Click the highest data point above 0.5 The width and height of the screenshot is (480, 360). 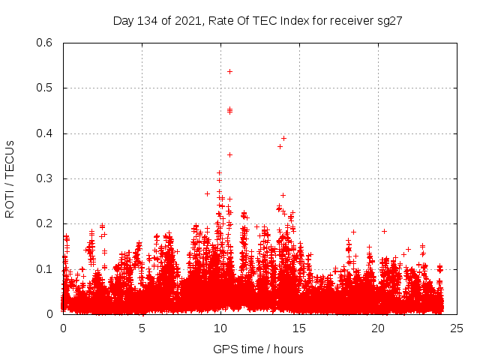229,71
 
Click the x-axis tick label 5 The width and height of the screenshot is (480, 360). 142,328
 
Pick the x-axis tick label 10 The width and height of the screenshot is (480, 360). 220,328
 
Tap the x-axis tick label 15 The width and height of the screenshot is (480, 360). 299,328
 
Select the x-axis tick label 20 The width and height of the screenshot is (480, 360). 378,328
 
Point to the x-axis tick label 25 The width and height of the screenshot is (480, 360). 457,328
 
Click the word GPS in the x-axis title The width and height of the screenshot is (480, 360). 224,349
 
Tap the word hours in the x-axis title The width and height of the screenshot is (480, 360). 288,349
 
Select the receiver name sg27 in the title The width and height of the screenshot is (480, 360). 391,20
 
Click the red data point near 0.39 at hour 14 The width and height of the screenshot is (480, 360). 283,138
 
